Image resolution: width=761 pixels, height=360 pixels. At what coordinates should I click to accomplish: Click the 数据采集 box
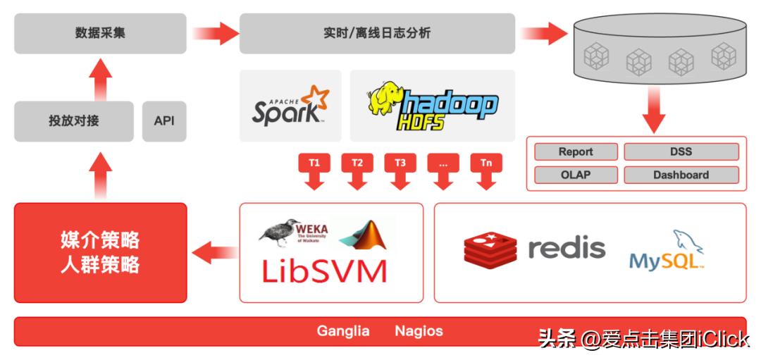(x=100, y=33)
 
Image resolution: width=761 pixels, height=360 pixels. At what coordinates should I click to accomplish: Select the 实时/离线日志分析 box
(x=376, y=33)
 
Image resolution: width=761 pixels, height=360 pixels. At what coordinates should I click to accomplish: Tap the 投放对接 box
(x=73, y=120)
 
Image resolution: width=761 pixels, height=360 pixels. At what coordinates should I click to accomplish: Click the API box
(x=164, y=120)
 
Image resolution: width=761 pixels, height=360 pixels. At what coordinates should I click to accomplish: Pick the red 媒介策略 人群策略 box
(x=100, y=252)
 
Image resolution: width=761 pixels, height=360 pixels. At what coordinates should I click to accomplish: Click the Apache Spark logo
(x=290, y=106)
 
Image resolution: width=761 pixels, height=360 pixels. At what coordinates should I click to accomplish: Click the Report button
(x=576, y=151)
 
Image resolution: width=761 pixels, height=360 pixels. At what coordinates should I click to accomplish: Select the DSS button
(x=681, y=151)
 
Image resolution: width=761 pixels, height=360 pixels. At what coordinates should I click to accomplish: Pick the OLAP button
(x=576, y=175)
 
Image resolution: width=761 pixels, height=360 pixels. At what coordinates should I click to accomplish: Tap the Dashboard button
(x=681, y=175)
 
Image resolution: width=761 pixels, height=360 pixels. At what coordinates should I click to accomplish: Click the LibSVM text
(x=324, y=271)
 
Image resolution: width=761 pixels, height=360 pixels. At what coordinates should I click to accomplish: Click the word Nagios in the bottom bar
(x=419, y=331)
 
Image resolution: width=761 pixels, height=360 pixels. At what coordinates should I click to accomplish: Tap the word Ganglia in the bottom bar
(x=343, y=331)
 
